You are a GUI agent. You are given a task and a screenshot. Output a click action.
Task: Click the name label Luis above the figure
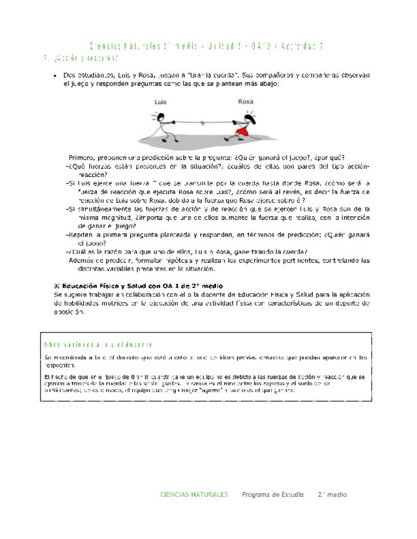tap(160, 102)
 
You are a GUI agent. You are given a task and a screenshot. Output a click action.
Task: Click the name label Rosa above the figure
tap(246, 102)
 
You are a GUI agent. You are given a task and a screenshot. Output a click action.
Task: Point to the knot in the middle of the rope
tap(200, 124)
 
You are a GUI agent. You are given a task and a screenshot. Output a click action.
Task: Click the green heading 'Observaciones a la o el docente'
tap(98, 345)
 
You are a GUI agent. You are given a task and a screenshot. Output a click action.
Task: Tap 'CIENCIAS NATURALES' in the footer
tap(194, 494)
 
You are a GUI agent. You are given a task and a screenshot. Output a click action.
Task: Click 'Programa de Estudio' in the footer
tap(272, 494)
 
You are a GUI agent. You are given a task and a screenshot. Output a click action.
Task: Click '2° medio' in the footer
tap(332, 494)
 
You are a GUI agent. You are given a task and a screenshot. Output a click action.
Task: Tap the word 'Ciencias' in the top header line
tap(104, 46)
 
